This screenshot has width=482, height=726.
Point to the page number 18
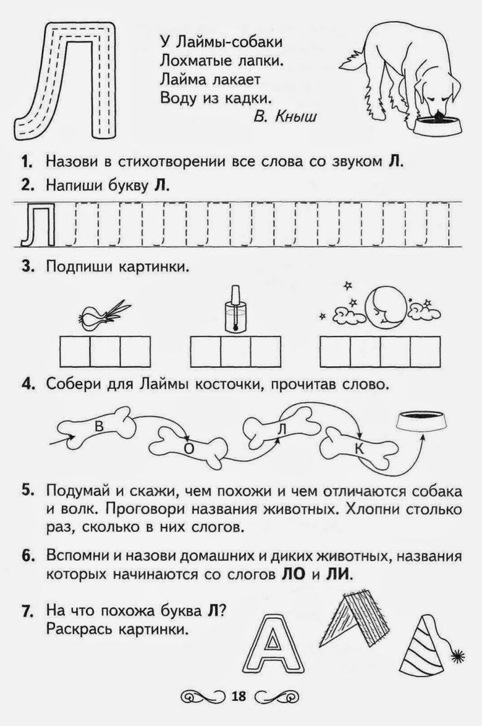pyautogui.click(x=237, y=696)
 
